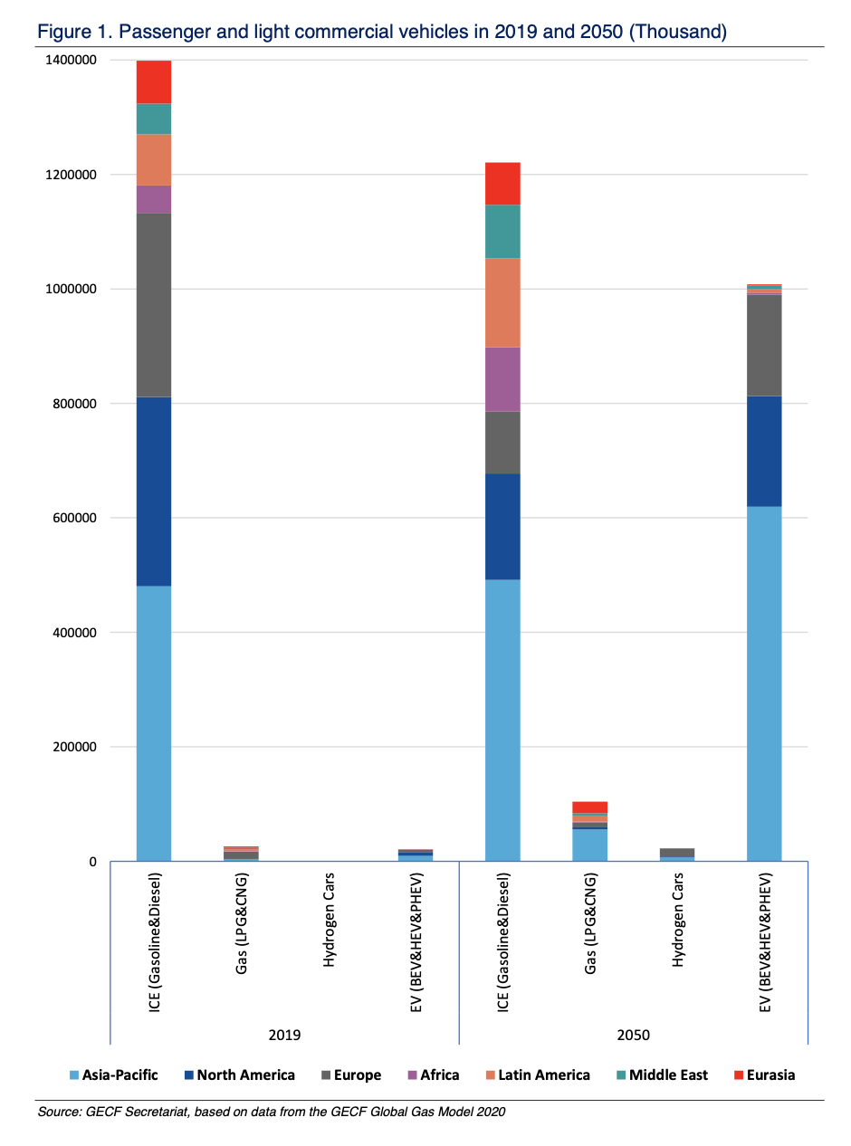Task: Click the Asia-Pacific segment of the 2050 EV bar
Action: [x=764, y=683]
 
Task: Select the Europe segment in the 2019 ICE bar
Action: [x=154, y=305]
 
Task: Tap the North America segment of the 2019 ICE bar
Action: [x=154, y=492]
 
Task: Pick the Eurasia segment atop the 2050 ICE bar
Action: [x=502, y=183]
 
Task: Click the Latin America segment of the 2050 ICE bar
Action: [x=502, y=302]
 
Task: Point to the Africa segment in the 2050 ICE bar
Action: [x=502, y=379]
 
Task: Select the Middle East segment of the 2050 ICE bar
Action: [x=502, y=231]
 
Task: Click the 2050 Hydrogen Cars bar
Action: [x=677, y=853]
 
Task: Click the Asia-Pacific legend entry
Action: [x=114, y=1075]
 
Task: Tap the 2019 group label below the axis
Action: [x=284, y=1035]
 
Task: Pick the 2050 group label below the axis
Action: [x=634, y=1035]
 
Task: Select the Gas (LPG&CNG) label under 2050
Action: [x=590, y=933]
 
